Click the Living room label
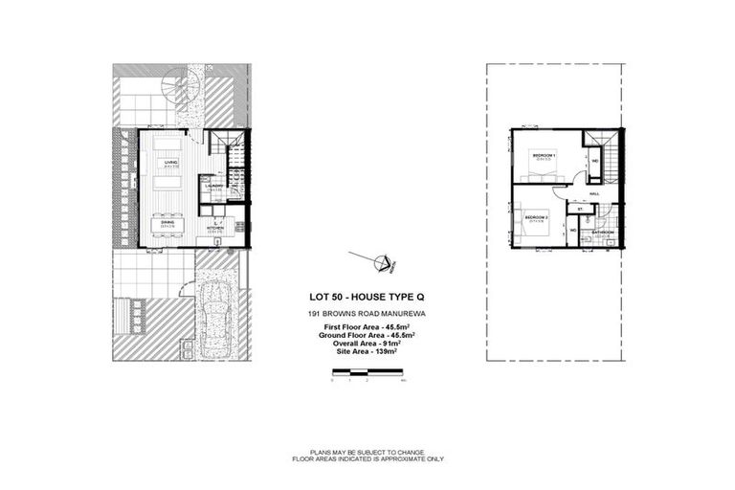pos(170,164)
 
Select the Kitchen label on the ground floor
pos(215,228)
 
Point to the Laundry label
pos(215,186)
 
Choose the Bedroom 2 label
pos(535,218)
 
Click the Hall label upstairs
pos(594,193)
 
